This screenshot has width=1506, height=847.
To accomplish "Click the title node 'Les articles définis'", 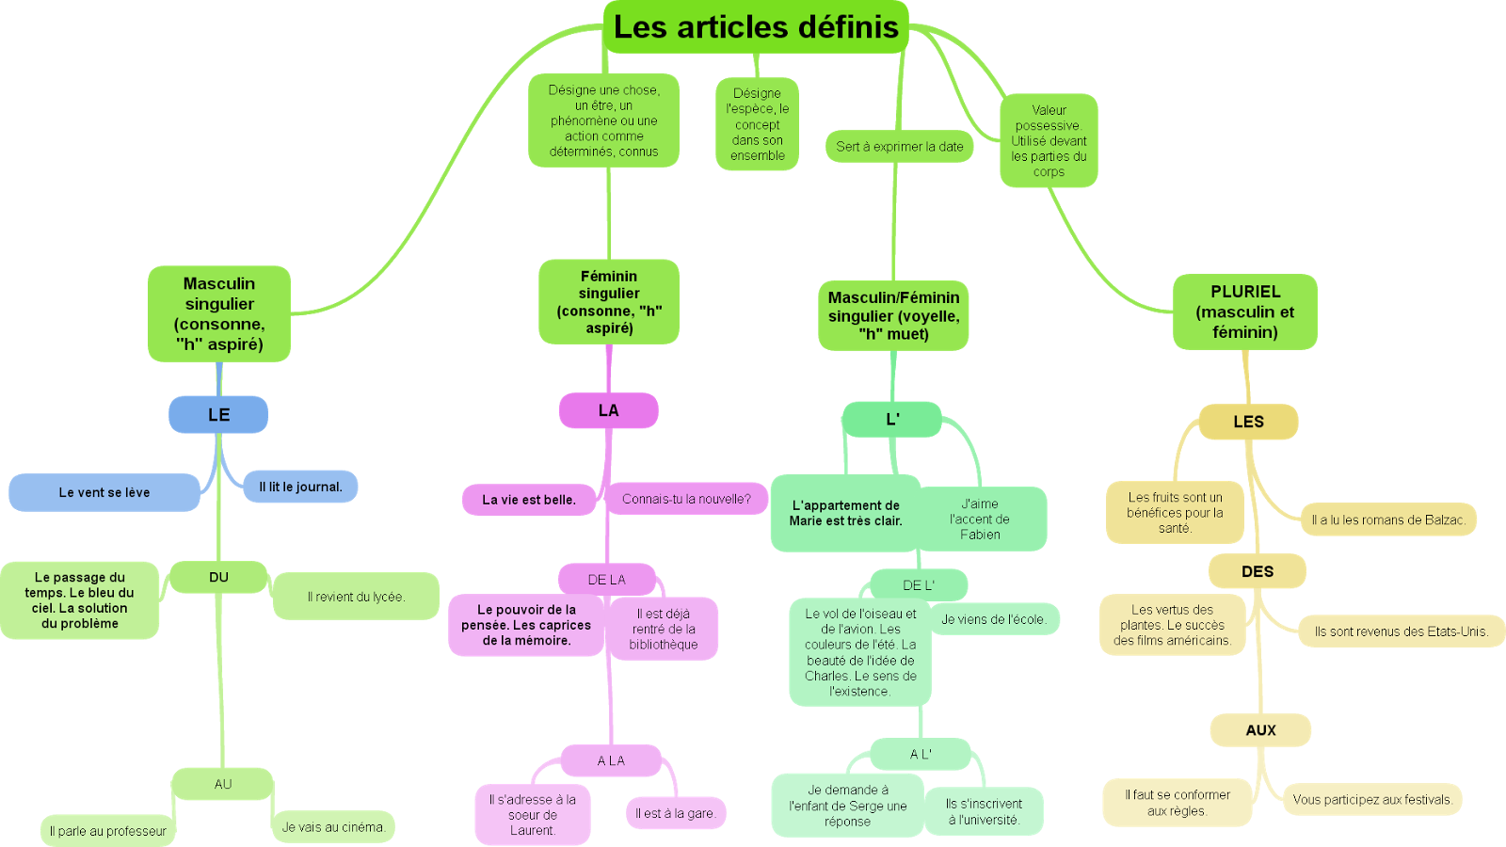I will pos(756,27).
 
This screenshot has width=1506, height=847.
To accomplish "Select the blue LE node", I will pos(218,414).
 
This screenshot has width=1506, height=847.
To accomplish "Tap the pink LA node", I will pos(608,410).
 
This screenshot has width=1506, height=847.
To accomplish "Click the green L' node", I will pos(892,420).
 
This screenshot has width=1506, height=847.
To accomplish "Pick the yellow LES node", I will pos(1248,422).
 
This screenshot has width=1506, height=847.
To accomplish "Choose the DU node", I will pos(218,577).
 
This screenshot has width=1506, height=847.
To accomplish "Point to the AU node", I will pos(222,784).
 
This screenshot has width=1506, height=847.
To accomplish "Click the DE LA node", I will pos(606,580).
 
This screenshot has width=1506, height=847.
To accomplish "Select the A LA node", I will pos(611,760).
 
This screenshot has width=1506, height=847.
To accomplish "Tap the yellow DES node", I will pos(1257,571).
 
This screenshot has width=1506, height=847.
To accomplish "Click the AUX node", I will pos(1260,730).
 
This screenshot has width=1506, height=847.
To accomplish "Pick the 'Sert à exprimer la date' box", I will pos(900,147).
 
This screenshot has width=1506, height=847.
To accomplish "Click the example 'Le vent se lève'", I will pos(104,492).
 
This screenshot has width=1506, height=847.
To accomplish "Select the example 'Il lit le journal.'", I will pos(300,487).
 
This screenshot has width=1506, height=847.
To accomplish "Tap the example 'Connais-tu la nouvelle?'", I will pos(686,499).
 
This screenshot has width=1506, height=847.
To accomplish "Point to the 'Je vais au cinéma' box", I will pos(332,827).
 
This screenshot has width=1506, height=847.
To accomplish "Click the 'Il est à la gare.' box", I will pos(675,813).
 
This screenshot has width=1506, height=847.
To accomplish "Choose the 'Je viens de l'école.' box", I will pos(993,619).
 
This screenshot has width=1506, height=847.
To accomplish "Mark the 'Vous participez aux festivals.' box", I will pos(1371,800).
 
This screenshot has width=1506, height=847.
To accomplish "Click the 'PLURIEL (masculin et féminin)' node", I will pos(1244,312).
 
